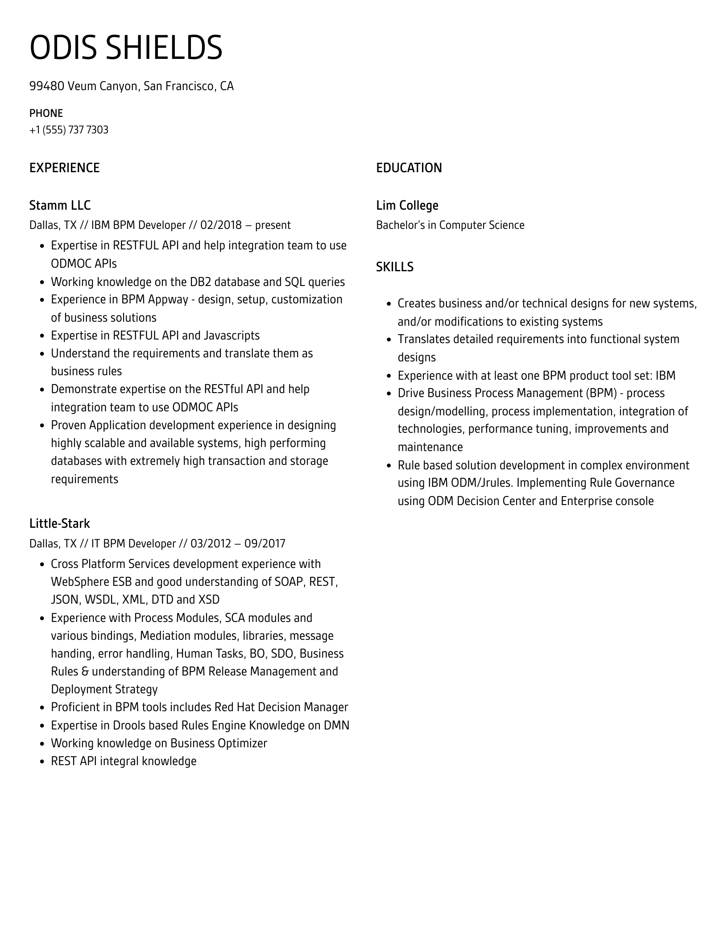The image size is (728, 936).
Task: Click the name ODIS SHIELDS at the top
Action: [x=126, y=48]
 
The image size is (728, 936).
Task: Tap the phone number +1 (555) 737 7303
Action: [x=69, y=130]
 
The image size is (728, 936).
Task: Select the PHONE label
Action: [x=46, y=113]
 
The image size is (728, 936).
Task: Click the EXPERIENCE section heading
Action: [x=64, y=168]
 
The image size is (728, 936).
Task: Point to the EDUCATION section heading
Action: [x=409, y=168]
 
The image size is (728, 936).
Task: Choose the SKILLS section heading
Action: [x=394, y=267]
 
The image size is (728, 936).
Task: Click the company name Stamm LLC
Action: [x=60, y=205]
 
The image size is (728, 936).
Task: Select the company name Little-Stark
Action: [x=59, y=523]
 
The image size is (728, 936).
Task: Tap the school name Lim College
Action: [x=407, y=205]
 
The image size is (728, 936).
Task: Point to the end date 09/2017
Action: [x=268, y=543]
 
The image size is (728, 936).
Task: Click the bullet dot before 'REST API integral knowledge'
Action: [x=42, y=762]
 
